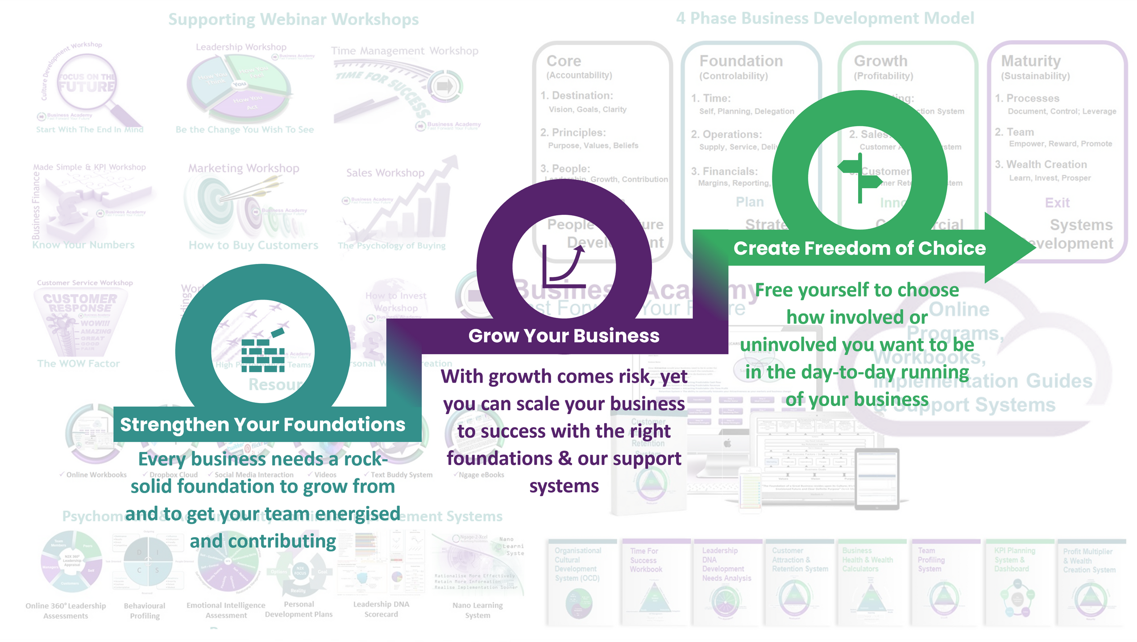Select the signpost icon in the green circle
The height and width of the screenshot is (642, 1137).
click(x=860, y=178)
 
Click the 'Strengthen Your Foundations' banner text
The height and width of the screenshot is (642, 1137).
click(x=262, y=425)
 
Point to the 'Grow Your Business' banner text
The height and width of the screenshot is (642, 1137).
click(x=564, y=336)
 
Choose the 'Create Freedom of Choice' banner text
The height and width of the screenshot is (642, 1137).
click(x=859, y=248)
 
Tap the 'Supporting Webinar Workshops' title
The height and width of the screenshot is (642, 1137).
click(x=293, y=20)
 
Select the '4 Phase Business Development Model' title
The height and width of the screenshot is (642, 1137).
click(x=825, y=18)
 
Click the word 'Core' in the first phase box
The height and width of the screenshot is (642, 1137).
click(x=564, y=61)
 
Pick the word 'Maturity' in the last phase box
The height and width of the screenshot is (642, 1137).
click(x=1031, y=61)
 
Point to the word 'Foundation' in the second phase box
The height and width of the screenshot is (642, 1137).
click(x=741, y=61)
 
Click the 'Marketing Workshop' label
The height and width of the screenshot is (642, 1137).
click(x=244, y=169)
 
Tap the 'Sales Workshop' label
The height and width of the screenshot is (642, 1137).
click(x=385, y=173)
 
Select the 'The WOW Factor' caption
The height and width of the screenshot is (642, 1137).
click(x=79, y=364)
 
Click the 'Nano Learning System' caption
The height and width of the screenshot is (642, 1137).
click(x=477, y=610)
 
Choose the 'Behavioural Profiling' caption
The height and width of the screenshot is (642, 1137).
click(x=145, y=610)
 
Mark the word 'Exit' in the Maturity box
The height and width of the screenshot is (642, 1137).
click(x=1057, y=203)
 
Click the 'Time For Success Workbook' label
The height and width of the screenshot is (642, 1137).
click(x=646, y=560)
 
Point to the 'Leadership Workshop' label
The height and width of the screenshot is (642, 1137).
click(x=241, y=47)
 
